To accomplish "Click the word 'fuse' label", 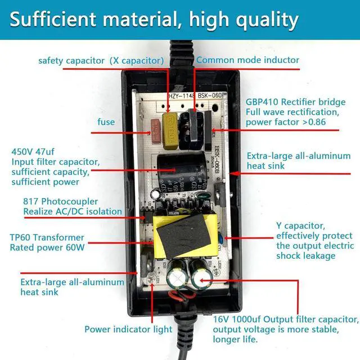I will tap(106, 122).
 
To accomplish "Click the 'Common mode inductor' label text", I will tap(247, 60).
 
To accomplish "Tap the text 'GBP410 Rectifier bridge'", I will tap(295, 102).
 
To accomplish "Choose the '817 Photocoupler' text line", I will tap(60, 201).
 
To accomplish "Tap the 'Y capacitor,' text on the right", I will tap(300, 226).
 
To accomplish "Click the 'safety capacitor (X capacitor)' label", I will tap(101, 60).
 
